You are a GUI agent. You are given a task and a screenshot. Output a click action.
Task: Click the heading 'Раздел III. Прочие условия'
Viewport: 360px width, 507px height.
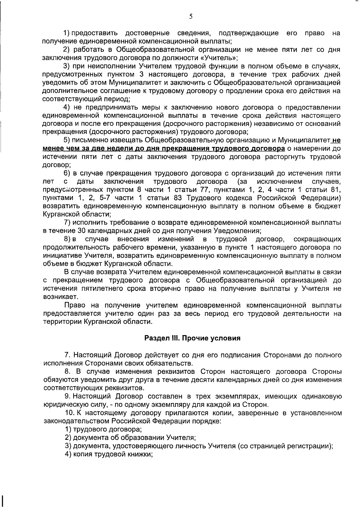pyautogui.click(x=192, y=338)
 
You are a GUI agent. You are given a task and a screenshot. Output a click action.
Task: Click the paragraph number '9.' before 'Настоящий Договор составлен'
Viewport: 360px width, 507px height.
pyautogui.click(x=68, y=396)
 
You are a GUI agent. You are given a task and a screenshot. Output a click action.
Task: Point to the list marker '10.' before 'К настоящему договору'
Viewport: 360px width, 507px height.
pyautogui.click(x=70, y=413)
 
